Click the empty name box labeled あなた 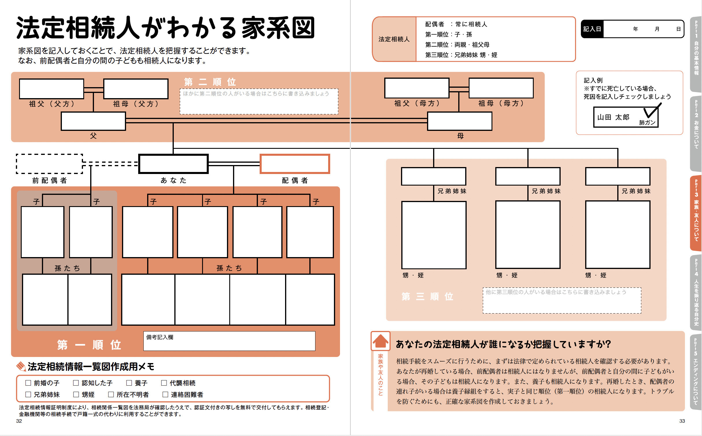[173, 164]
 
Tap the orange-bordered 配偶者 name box [295, 164]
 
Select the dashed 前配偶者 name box [49, 164]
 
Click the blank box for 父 [93, 121]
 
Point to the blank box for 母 [459, 121]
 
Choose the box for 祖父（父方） [51, 89]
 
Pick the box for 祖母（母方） [501, 88]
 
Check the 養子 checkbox [129, 383]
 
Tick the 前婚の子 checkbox [28, 383]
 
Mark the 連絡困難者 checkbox [165, 394]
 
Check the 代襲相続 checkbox [164, 383]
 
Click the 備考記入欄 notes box [229, 341]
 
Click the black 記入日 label [592, 29]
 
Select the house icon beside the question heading [380, 341]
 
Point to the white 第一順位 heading [89, 345]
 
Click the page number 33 [682, 421]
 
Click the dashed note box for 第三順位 [562, 301]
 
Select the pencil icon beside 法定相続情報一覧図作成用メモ [21, 366]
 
